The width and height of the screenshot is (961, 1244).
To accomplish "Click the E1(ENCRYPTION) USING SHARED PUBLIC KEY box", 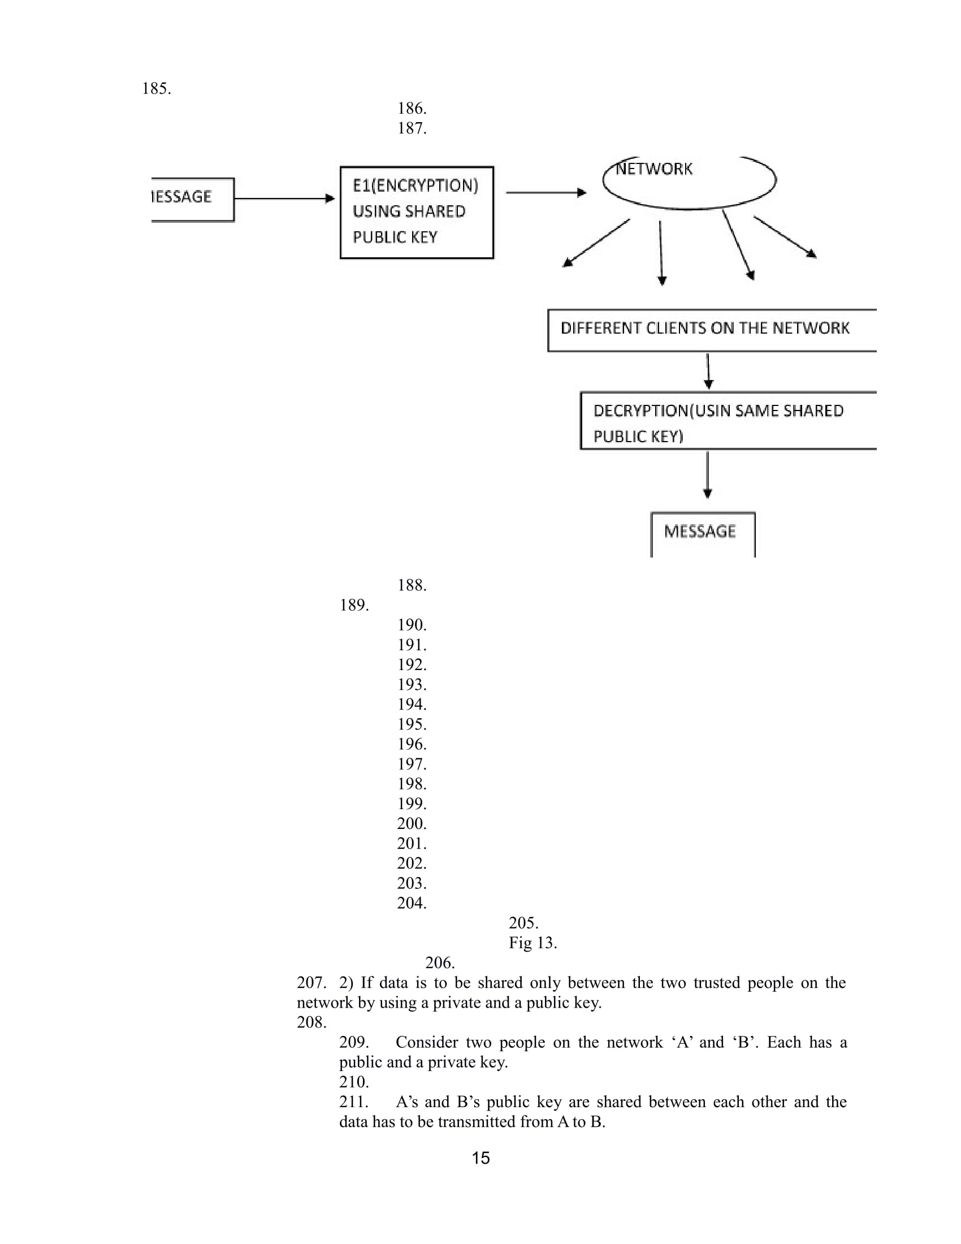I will (416, 212).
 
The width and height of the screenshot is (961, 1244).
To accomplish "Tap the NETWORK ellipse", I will (689, 181).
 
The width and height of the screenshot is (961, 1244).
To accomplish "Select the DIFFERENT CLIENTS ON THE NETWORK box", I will (712, 330).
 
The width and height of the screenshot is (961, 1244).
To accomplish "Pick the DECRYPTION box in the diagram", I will (728, 420).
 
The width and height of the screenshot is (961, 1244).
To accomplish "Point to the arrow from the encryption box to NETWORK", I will (546, 192).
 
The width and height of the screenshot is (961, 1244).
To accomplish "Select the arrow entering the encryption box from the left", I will (284, 198).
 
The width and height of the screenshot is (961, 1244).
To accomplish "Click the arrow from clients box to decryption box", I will (708, 371).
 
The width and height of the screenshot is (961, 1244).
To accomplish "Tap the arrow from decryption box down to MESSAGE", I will (707, 474).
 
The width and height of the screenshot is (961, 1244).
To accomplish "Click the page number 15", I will (480, 1158).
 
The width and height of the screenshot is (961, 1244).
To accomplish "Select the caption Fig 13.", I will (533, 943).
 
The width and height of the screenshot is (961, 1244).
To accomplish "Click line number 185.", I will (156, 89).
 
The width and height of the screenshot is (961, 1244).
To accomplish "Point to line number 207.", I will (311, 983).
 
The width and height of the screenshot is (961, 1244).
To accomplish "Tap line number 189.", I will (354, 605).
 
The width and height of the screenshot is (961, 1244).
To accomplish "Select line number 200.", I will (412, 824).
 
